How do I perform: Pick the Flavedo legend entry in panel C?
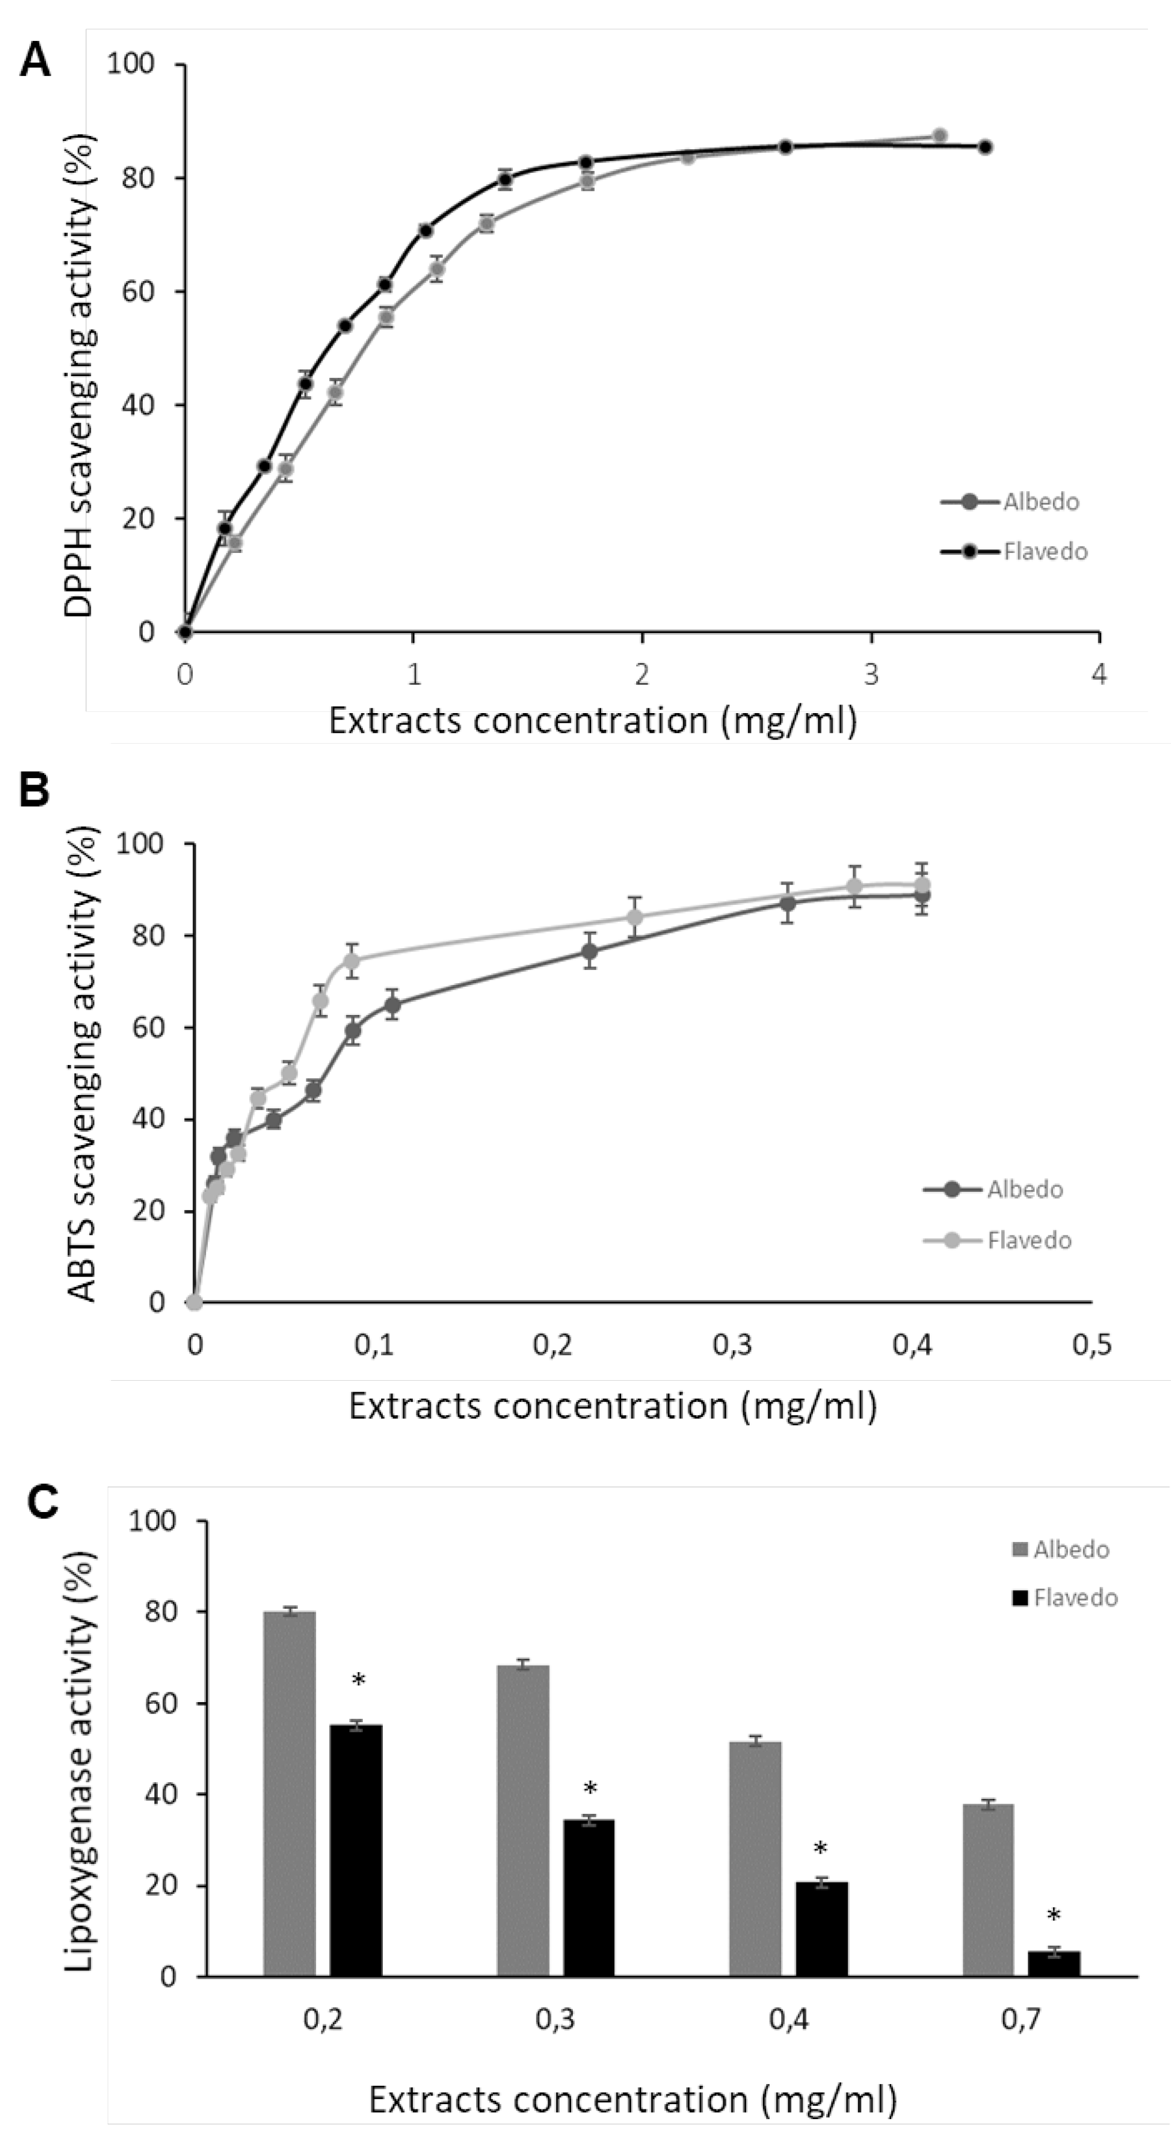point(1075,1598)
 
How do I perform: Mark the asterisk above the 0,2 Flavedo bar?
point(358,1681)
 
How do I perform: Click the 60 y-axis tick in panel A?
point(139,292)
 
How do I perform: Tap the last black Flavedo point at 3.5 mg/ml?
point(984,147)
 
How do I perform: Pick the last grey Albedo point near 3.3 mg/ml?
point(940,135)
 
